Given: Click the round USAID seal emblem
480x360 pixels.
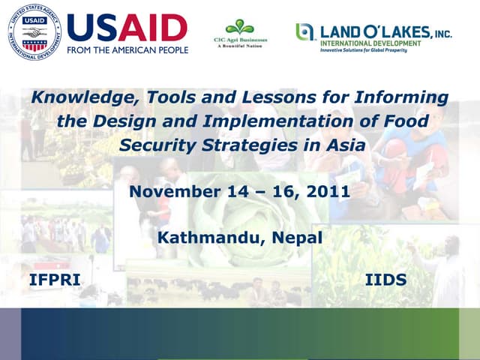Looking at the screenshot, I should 34,31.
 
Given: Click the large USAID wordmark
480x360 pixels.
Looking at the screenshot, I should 127,28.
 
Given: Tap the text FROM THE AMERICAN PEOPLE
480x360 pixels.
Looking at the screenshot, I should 127,51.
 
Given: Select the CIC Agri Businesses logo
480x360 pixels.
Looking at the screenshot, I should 239,33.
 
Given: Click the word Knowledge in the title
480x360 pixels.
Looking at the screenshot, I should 73,97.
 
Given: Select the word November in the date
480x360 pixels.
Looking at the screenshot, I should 174,191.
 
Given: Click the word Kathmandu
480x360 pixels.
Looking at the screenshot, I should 201,238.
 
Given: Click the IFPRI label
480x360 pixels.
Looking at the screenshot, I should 54,280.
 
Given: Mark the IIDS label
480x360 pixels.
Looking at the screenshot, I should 385,280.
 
